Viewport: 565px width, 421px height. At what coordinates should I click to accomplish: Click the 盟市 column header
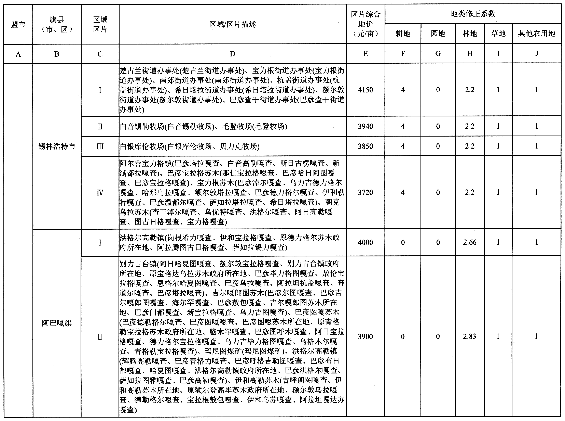(x=18, y=24)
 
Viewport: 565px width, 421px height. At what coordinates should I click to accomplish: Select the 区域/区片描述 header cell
(x=232, y=24)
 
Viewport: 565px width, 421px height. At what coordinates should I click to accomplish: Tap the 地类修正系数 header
(x=473, y=14)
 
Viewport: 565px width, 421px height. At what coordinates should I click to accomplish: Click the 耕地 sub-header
(x=403, y=34)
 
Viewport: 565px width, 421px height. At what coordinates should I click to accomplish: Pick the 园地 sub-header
(x=438, y=34)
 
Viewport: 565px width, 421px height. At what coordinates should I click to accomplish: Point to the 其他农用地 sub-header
(x=537, y=34)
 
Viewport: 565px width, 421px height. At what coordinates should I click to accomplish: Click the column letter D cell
(x=232, y=54)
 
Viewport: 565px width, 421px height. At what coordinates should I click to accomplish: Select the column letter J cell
(x=537, y=53)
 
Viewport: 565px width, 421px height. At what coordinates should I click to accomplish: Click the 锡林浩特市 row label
(x=57, y=146)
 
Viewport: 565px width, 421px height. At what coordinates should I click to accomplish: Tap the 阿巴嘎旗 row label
(x=57, y=323)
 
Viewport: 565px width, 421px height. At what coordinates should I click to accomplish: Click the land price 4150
(x=365, y=90)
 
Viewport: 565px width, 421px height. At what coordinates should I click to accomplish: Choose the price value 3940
(x=365, y=126)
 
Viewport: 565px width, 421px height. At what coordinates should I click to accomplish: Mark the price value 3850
(x=365, y=146)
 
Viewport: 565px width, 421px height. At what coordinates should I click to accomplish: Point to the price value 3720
(x=365, y=192)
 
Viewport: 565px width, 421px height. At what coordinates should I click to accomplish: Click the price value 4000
(x=365, y=242)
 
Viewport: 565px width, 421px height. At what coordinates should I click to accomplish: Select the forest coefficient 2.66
(x=470, y=242)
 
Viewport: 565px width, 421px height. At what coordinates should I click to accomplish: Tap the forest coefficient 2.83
(x=470, y=337)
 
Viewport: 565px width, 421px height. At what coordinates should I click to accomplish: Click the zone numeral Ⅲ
(x=100, y=146)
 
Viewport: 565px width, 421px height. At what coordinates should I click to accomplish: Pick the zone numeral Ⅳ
(x=100, y=193)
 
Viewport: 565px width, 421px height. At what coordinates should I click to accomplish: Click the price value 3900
(x=365, y=337)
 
